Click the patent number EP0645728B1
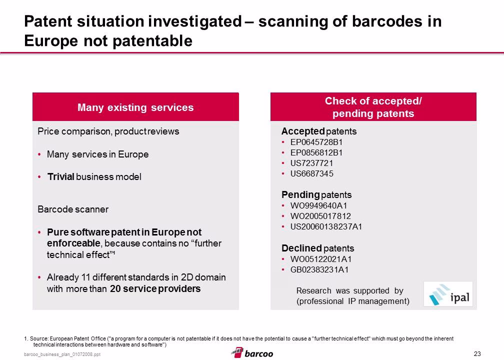(316, 142)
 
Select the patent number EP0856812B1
(316, 152)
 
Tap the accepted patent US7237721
(311, 163)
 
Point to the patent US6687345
(312, 174)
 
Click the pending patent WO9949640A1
(318, 205)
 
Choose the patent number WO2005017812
(320, 216)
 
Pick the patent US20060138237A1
(326, 227)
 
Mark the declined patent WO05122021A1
(321, 259)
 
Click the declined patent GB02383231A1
(319, 269)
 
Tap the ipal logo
(448, 294)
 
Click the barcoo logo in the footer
(252, 353)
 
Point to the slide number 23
(477, 353)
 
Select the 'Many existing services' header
(135, 107)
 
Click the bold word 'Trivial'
(61, 177)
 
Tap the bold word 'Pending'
(300, 195)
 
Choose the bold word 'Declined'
(301, 248)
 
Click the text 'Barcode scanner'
(73, 209)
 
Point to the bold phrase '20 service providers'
(155, 288)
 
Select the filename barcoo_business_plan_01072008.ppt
(62, 354)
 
